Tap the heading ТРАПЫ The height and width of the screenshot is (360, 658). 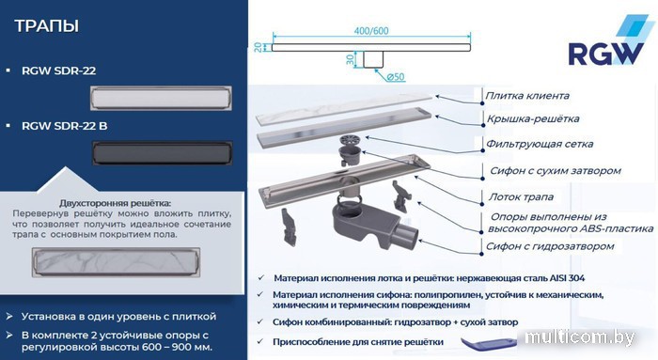pos(47,26)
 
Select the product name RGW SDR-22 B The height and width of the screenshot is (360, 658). pos(64,126)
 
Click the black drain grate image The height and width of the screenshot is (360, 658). pos(162,152)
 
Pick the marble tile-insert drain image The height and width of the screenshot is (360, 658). pos(116,262)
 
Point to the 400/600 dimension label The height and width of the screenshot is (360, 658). pos(371,31)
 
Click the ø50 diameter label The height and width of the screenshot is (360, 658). pos(396,77)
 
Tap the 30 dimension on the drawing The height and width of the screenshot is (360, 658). pos(351,59)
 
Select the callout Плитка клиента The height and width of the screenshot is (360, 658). pos(527,96)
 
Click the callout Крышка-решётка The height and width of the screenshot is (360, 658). pos(533,118)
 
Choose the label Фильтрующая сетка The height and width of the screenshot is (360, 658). pos(540,144)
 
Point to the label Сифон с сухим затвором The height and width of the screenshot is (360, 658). pos(556,171)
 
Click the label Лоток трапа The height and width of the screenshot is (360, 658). pos(521,196)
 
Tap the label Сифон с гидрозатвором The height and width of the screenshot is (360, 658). pos(550,246)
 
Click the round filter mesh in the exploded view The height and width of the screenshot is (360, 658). pos(352,140)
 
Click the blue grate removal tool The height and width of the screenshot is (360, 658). pos(489,343)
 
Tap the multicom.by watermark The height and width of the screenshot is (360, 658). pos(580,337)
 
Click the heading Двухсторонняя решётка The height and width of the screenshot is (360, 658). pos(115,203)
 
